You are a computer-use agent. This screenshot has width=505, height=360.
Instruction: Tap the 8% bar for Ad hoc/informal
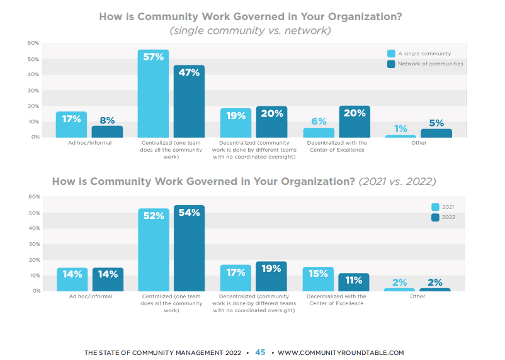[x=107, y=131]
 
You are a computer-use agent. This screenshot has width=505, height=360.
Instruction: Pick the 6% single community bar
[x=318, y=132]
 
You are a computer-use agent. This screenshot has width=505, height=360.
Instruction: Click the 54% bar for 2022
[x=189, y=248]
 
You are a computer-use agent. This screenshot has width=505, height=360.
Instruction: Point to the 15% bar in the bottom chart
[x=318, y=279]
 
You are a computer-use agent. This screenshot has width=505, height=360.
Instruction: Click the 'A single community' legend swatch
[x=391, y=53]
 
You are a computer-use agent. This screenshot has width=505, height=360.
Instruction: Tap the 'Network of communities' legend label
[x=430, y=64]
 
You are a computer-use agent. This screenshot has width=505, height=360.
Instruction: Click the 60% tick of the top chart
[x=33, y=43]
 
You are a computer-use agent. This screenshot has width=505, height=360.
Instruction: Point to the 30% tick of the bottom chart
[x=33, y=244]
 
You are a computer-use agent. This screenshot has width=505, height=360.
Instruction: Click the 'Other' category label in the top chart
[x=418, y=143]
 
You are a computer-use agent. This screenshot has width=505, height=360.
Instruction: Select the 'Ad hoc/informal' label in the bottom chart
[x=89, y=296]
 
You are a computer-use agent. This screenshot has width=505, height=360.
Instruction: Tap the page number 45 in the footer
[x=260, y=352]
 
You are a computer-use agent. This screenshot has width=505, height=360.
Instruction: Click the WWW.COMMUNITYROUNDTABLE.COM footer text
[x=341, y=353]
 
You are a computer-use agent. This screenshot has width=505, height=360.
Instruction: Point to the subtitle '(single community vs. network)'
[x=251, y=30]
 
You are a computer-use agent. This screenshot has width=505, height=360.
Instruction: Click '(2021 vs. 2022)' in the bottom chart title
[x=397, y=182]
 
